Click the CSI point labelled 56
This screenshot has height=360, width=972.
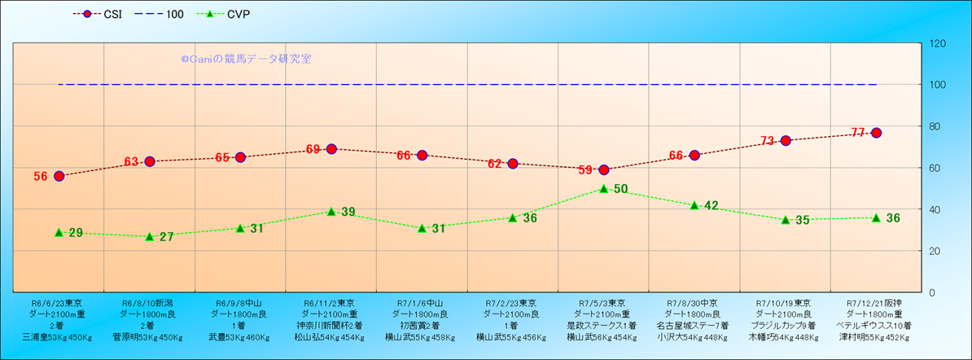point(59,176)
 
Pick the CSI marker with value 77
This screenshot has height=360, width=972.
point(876,133)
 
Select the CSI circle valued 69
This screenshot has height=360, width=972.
point(331,149)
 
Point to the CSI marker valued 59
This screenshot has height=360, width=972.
point(604,169)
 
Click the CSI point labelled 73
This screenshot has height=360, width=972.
point(786,141)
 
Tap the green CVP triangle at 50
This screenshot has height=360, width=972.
point(604,188)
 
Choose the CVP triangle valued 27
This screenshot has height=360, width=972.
point(150,236)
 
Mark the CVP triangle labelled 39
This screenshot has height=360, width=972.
point(331,211)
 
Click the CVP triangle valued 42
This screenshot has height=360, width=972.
point(694,205)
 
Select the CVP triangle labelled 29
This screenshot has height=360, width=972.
point(59,232)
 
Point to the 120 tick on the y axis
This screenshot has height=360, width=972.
point(937,43)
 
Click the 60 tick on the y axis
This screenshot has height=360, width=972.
point(935,168)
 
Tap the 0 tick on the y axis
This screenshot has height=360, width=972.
point(932,292)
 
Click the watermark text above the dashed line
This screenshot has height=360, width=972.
point(246,59)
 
